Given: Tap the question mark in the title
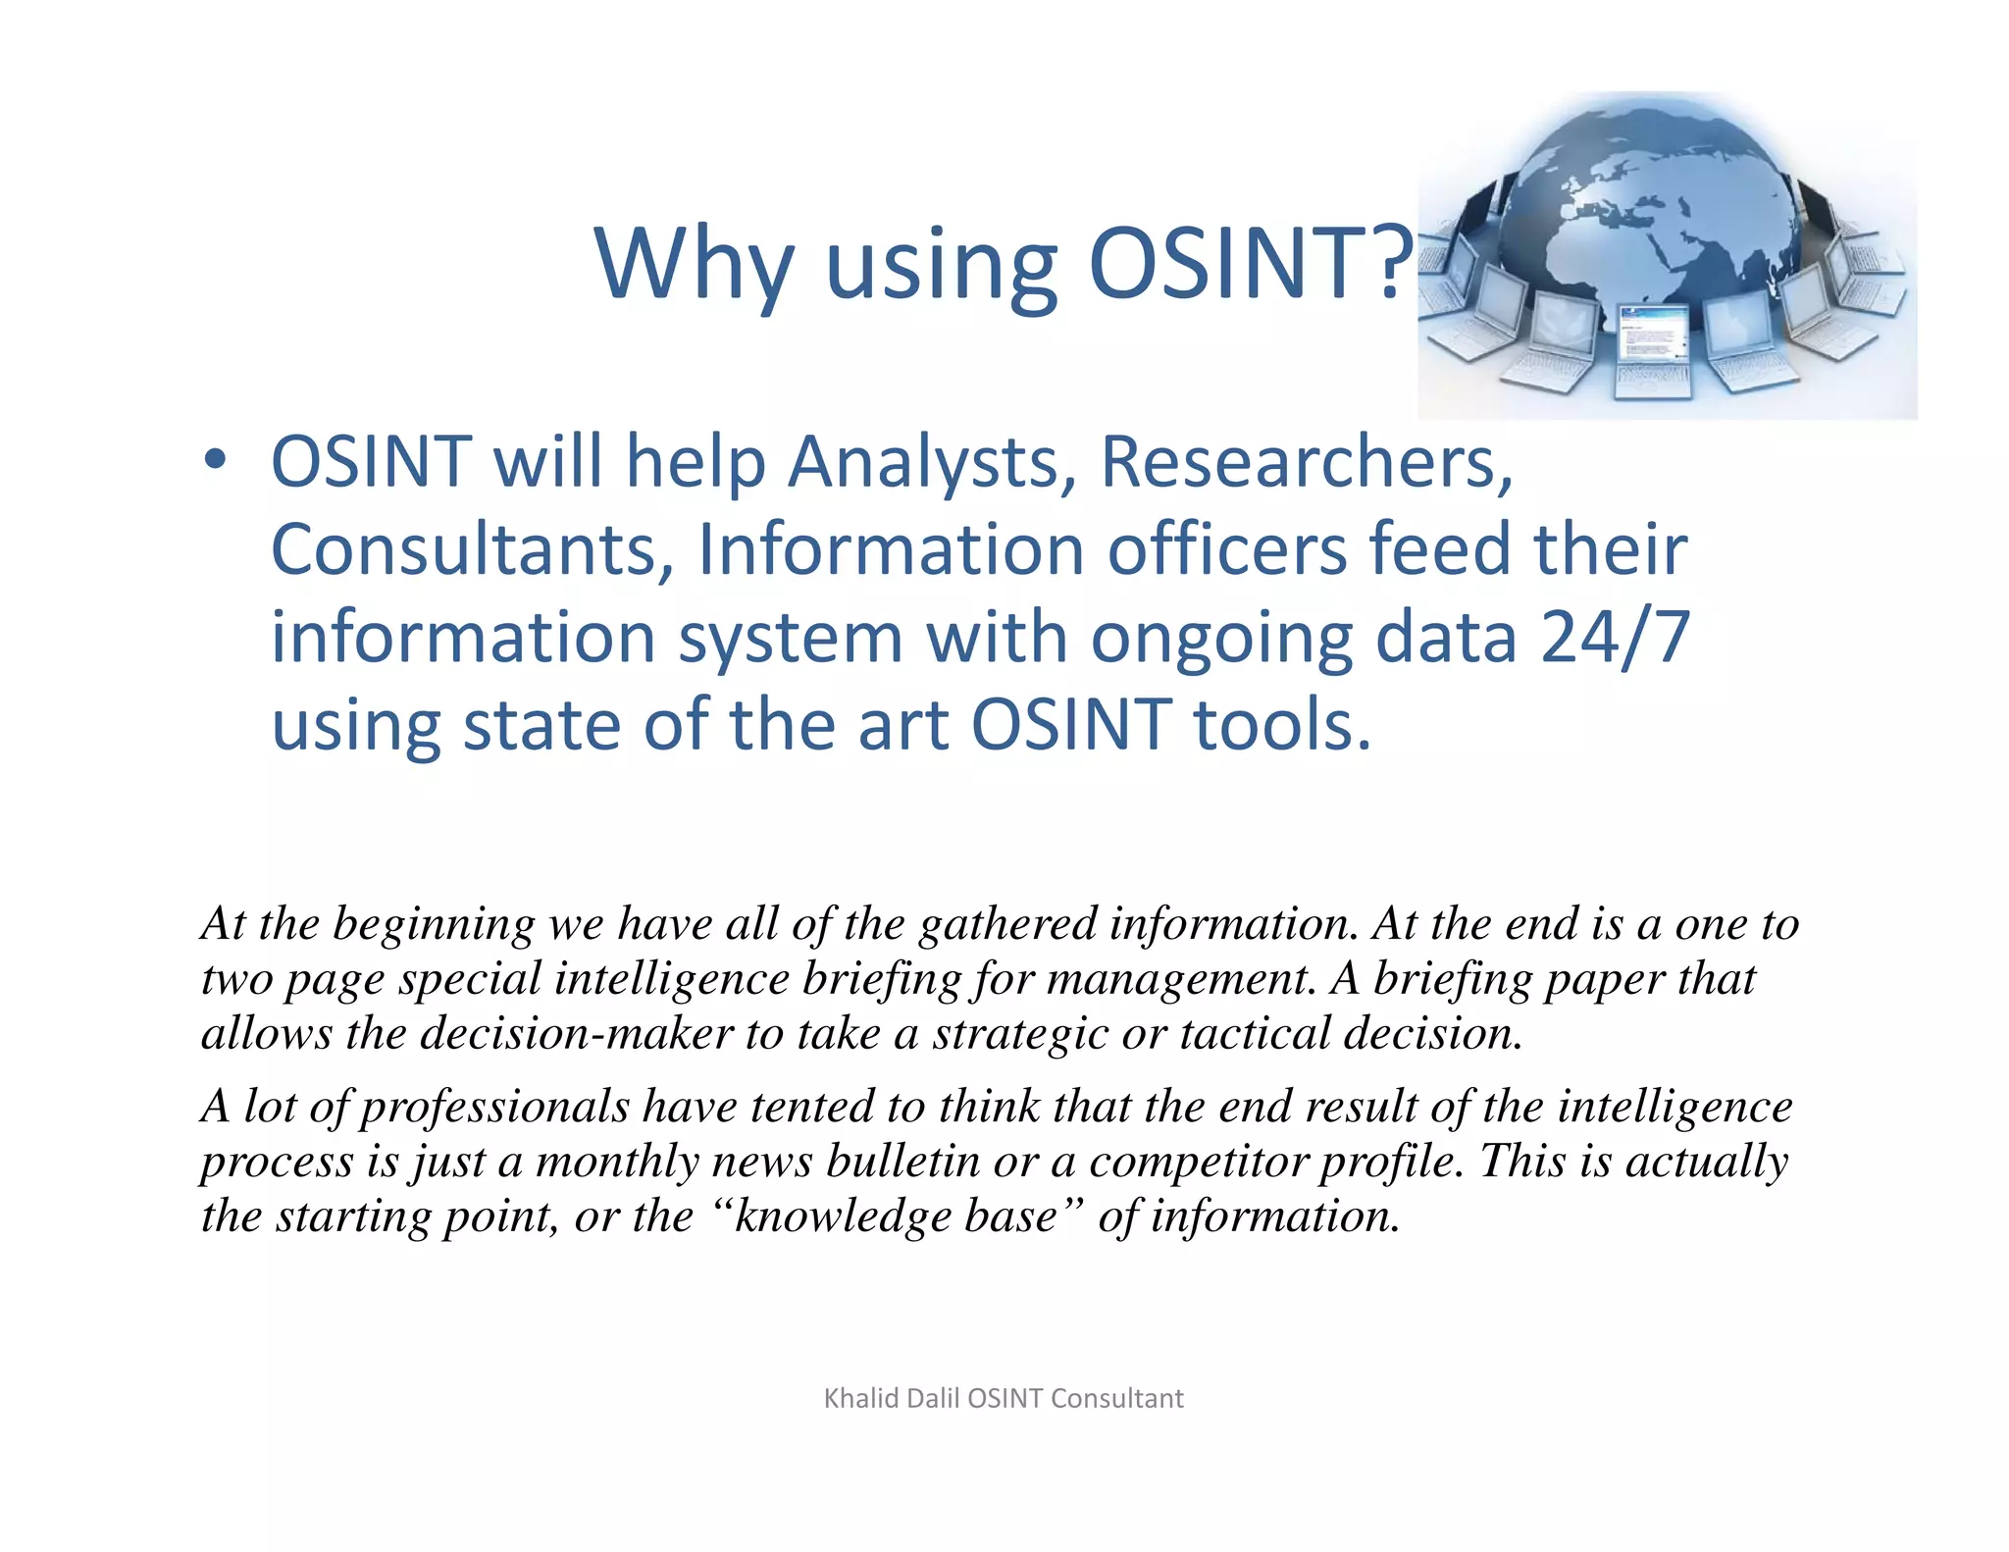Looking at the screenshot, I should (1393, 263).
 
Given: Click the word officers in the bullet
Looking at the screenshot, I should (1227, 549).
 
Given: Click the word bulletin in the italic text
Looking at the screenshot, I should (902, 1162).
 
